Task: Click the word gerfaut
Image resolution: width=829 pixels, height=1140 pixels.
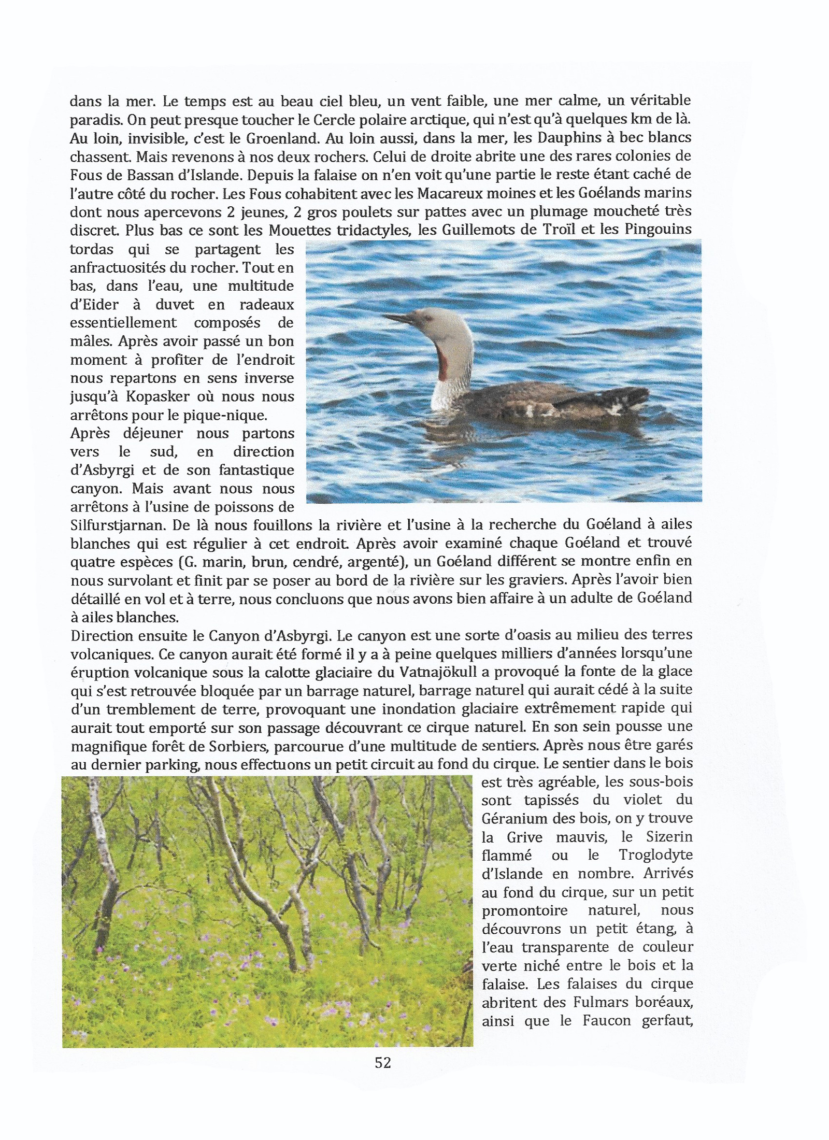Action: point(667,1021)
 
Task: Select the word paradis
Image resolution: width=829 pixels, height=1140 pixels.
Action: point(91,120)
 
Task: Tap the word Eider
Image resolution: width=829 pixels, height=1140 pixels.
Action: point(95,304)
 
